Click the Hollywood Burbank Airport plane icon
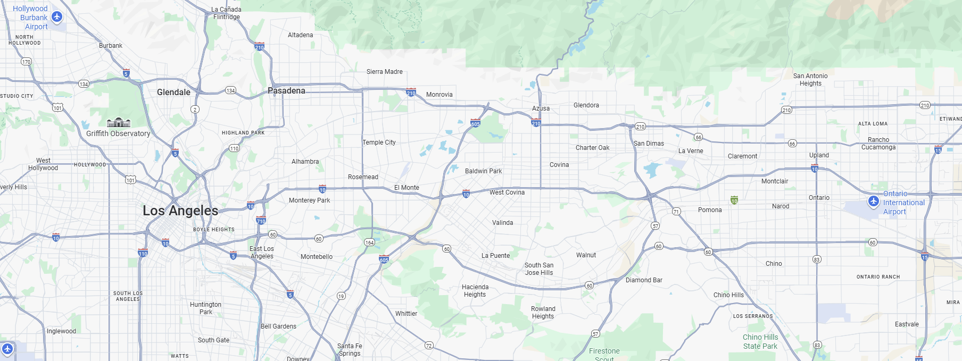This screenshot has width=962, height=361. [x=57, y=16]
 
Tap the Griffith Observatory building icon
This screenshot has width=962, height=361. [x=119, y=123]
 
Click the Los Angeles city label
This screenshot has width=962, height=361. [x=180, y=211]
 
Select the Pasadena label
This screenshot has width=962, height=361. [x=287, y=91]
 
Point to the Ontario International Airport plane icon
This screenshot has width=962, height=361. [x=873, y=202]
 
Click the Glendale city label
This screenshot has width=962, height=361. [x=173, y=92]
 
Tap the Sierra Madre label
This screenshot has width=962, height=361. [x=384, y=72]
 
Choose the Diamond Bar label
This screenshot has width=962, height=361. [x=644, y=280]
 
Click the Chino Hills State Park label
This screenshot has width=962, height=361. [x=760, y=341]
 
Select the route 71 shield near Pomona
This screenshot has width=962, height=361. [x=676, y=212]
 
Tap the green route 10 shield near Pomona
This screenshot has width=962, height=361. [x=734, y=200]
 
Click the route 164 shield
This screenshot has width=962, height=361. [x=369, y=242]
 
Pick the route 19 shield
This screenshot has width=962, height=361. [x=341, y=296]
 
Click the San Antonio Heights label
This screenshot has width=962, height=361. [x=810, y=80]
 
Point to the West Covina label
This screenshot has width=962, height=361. [x=507, y=192]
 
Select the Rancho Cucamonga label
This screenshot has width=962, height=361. [x=878, y=144]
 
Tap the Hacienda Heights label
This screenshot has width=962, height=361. [x=475, y=291]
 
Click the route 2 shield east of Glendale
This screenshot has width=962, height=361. [x=195, y=110]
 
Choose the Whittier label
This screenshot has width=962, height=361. [x=406, y=314]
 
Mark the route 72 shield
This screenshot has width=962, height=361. [x=429, y=346]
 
